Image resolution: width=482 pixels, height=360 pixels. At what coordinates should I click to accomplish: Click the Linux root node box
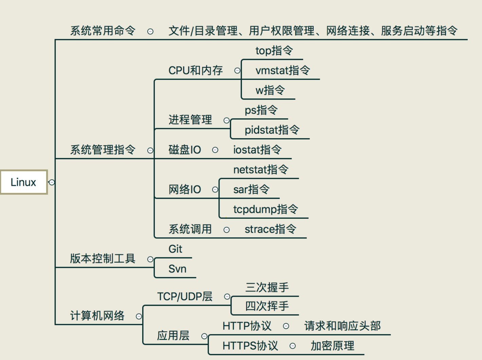(x=24, y=182)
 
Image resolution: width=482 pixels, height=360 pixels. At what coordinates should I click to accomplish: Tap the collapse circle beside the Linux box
(x=52, y=182)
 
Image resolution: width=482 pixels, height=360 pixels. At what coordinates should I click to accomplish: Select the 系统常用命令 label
(x=103, y=31)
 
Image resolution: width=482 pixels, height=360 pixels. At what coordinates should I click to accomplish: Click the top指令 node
(x=274, y=51)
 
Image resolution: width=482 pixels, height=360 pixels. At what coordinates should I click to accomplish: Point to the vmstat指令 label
(x=283, y=71)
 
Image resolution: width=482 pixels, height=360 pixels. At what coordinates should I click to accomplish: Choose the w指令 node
(x=270, y=90)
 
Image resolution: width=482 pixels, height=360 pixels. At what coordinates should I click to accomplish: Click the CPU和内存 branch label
(x=196, y=71)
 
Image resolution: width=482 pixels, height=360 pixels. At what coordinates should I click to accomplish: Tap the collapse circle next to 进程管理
(x=226, y=120)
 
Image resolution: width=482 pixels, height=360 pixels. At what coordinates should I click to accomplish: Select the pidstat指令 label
(x=272, y=130)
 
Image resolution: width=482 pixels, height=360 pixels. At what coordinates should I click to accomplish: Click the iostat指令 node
(x=257, y=150)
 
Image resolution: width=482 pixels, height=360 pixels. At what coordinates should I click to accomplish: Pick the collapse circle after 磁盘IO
(x=215, y=150)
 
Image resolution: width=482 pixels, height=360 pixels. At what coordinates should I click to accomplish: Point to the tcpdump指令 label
(x=266, y=209)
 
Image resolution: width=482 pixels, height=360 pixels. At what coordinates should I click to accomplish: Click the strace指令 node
(x=271, y=229)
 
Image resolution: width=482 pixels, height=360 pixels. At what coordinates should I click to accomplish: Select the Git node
(x=175, y=249)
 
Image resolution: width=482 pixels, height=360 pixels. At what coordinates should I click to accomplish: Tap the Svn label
(x=178, y=269)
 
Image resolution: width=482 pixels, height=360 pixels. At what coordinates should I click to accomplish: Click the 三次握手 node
(x=267, y=287)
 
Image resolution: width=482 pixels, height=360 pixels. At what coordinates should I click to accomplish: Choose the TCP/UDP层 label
(x=185, y=296)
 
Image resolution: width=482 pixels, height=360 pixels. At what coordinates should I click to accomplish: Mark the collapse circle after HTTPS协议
(x=293, y=346)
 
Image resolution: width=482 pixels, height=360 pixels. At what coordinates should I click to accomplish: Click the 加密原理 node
(x=332, y=346)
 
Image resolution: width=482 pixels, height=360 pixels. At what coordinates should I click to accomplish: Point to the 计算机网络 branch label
(x=97, y=316)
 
